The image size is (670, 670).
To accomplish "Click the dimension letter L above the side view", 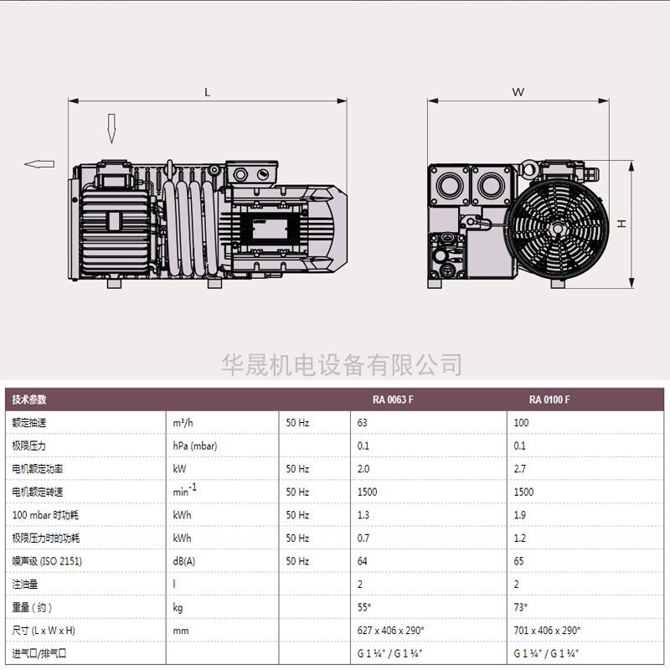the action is click(x=208, y=92).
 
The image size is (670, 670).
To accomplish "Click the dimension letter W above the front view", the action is click(x=518, y=92).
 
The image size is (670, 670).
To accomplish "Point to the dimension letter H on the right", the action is click(x=621, y=224).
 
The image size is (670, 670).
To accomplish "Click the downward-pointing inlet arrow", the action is click(x=111, y=127).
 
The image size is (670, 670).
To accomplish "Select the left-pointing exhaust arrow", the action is click(x=39, y=164).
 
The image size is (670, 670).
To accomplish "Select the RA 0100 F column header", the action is click(x=549, y=399).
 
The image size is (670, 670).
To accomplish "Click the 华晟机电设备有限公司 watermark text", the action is click(x=342, y=364).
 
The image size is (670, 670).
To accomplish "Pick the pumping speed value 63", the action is click(x=363, y=423).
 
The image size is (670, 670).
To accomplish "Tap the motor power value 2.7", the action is click(x=520, y=469).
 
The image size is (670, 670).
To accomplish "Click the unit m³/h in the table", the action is click(x=183, y=423).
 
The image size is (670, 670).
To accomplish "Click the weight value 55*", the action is click(x=365, y=607).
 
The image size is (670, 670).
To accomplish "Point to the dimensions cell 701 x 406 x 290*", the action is click(x=547, y=631).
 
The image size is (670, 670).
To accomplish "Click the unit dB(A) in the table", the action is click(x=185, y=561).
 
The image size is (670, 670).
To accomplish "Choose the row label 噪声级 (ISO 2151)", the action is click(x=47, y=561).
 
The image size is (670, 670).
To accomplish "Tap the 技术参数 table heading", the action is click(x=29, y=399).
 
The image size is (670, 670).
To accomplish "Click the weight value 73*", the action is click(x=521, y=607).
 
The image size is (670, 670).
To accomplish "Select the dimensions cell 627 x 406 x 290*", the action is click(x=391, y=631).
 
